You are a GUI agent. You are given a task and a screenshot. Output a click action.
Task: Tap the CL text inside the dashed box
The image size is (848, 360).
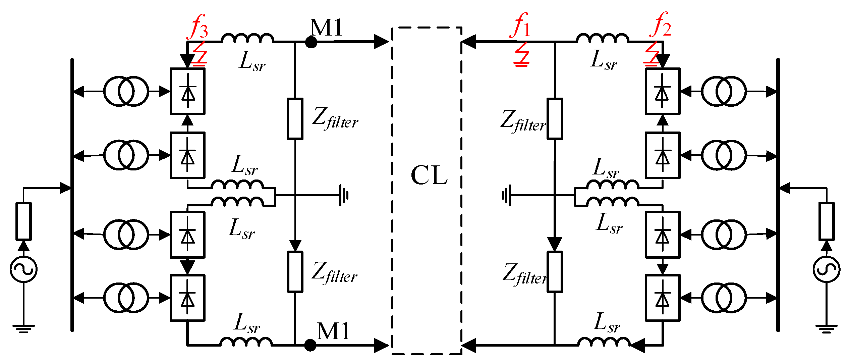tap(429, 175)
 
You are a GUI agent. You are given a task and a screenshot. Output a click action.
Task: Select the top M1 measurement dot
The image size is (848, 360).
tap(311, 42)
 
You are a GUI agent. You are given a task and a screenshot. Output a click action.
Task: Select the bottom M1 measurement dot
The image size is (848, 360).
tap(310, 345)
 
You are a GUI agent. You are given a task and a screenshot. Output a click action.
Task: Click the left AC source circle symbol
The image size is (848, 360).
tap(23, 269)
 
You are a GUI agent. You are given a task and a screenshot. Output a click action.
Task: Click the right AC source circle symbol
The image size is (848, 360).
tap(827, 269)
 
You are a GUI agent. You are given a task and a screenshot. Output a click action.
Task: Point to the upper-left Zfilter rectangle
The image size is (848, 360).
tap(295, 119)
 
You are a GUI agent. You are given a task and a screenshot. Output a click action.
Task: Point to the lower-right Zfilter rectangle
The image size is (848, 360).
tap(555, 272)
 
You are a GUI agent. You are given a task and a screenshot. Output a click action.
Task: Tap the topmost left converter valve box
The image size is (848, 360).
tap(187, 91)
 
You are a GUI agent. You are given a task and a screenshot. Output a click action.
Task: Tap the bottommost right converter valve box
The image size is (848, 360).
tap(663, 298)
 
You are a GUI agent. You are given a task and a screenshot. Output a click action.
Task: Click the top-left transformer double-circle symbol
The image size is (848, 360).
tap(126, 91)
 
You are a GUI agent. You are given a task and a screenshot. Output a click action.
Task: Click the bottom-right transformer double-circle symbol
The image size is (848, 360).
tap(724, 298)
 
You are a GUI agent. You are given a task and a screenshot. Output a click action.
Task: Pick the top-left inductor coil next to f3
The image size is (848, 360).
tap(247, 38)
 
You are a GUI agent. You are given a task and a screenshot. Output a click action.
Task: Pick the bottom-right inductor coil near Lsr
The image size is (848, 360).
tap(604, 342)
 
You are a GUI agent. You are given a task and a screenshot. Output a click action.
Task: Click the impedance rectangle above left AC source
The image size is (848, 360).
tap(24, 221)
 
